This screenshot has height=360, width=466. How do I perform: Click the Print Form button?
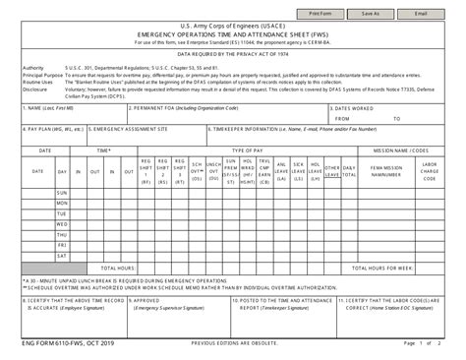click(x=320, y=15)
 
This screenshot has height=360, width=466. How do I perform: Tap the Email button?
click(x=421, y=15)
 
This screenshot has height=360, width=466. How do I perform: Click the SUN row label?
click(x=62, y=193)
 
